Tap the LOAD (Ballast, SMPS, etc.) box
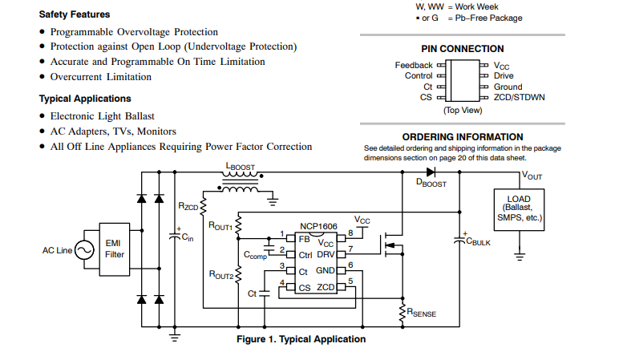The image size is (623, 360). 519,208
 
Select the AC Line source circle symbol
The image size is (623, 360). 82,249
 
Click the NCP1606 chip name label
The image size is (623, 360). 314,227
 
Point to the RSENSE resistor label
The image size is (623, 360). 422,313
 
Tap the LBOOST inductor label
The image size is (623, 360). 241,166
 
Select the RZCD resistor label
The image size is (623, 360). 188,207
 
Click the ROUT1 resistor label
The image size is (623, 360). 220,227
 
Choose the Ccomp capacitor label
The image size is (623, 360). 257,255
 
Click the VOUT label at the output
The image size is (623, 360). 532,175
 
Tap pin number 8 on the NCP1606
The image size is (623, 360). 350,233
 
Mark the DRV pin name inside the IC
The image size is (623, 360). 326,255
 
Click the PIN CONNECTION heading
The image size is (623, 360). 462,49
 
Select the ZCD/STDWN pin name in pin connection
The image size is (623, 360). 519,97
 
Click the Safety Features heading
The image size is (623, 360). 75,14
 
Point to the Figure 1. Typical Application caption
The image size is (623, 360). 301,339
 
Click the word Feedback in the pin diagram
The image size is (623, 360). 414,65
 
